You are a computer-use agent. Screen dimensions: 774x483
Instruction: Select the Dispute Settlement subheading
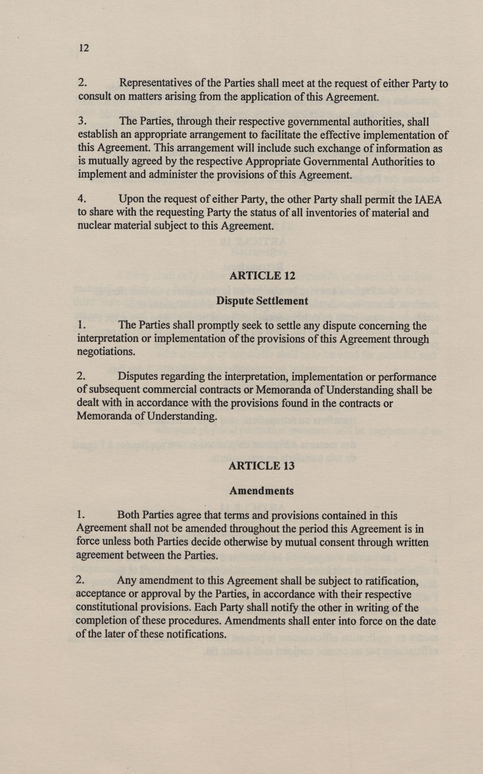(262, 301)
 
